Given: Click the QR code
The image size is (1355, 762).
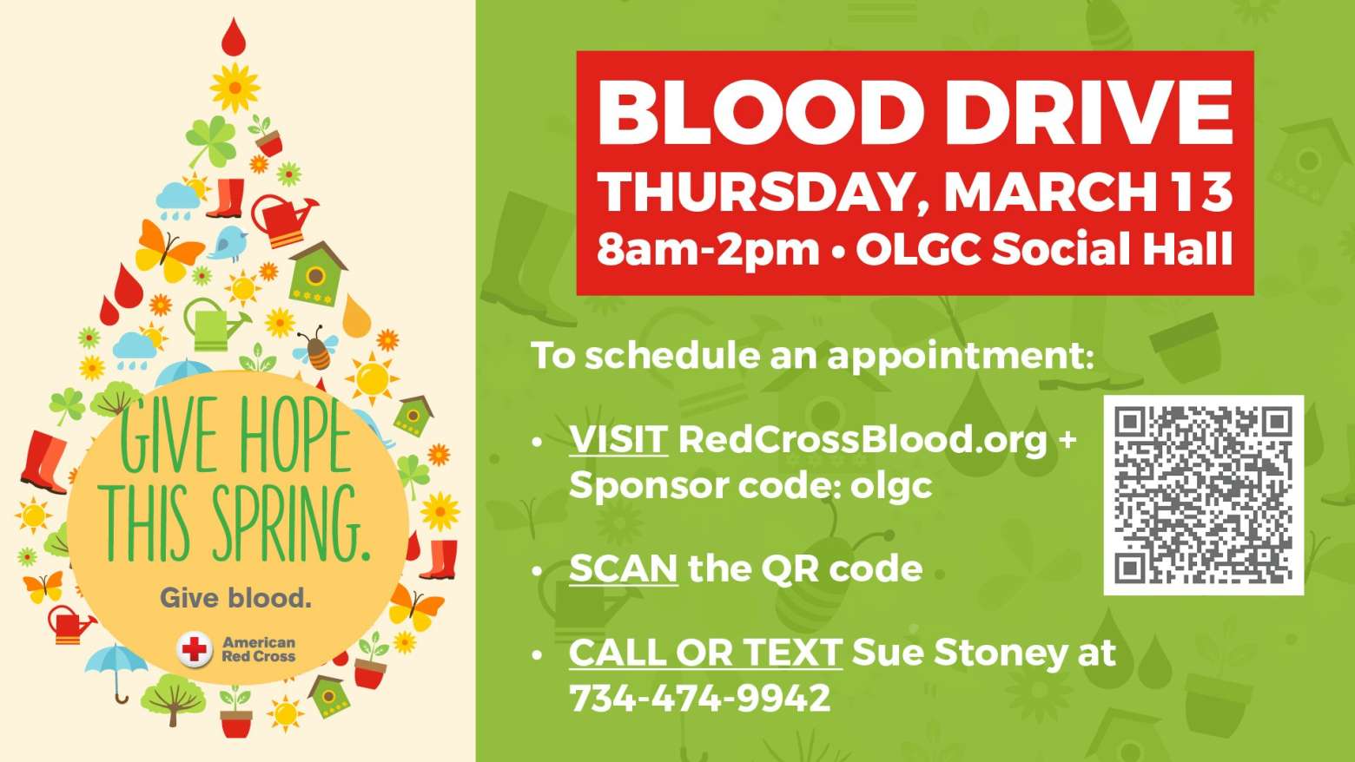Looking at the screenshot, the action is tap(1203, 495).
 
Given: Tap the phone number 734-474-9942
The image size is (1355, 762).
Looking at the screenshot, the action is tap(700, 698).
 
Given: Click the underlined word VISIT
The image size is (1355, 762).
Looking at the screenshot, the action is tap(618, 439).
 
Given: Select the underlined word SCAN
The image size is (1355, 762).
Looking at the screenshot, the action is tap(623, 568).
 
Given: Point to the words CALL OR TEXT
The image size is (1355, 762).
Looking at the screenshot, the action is tap(705, 653).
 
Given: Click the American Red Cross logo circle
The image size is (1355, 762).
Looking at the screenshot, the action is tap(195, 649).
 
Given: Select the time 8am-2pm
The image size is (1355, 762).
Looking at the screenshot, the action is tap(709, 250).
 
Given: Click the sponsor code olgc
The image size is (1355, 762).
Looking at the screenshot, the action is tap(891, 487).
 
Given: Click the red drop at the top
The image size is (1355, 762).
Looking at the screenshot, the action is tap(234, 36).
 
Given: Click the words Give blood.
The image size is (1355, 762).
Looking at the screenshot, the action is tap(236, 598).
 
